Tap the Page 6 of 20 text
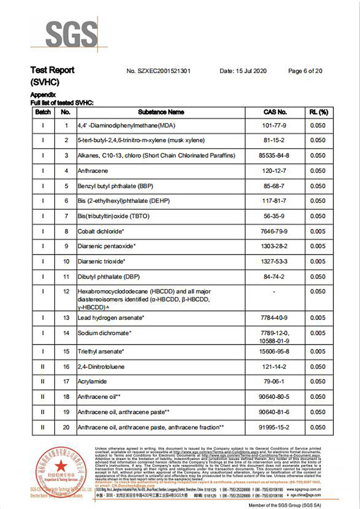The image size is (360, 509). click(305, 71)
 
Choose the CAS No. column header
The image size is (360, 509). click(275, 112)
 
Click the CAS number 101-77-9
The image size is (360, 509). click(275, 124)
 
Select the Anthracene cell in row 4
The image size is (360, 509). click(93, 171)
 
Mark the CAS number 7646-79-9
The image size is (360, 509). click(275, 232)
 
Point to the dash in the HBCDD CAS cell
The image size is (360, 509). click(275, 292)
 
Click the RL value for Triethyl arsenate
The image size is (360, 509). click(318, 352)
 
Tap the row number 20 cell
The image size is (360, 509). click(65, 427)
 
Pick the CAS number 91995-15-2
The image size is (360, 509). click(275, 427)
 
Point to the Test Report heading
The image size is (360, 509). click(52, 70)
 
